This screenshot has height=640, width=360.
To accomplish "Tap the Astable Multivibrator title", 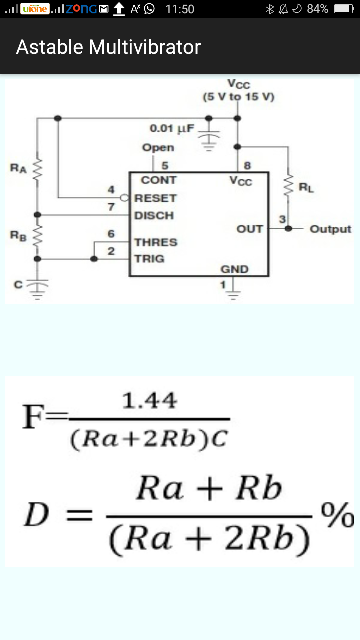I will (108, 47).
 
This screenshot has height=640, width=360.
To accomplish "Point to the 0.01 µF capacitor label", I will (172, 128).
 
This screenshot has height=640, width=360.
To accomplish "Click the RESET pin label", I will (155, 198).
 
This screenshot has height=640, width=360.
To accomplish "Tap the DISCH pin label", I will (154, 216).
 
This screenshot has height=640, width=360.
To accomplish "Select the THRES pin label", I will (156, 242).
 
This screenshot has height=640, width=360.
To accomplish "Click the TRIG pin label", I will (149, 259).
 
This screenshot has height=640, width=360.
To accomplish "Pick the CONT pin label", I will (158, 180).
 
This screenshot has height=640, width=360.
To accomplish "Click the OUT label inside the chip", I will (250, 229).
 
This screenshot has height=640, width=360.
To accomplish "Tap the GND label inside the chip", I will (235, 269).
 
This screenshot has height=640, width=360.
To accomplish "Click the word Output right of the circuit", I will (330, 229).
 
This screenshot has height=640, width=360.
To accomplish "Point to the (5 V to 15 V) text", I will (238, 97).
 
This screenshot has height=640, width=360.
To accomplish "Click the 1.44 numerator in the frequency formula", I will (149, 401).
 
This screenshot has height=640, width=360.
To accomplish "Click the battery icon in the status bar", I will (344, 9).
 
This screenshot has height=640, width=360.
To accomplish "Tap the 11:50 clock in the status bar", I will (179, 9).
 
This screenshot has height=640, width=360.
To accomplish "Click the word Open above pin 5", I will (158, 148).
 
